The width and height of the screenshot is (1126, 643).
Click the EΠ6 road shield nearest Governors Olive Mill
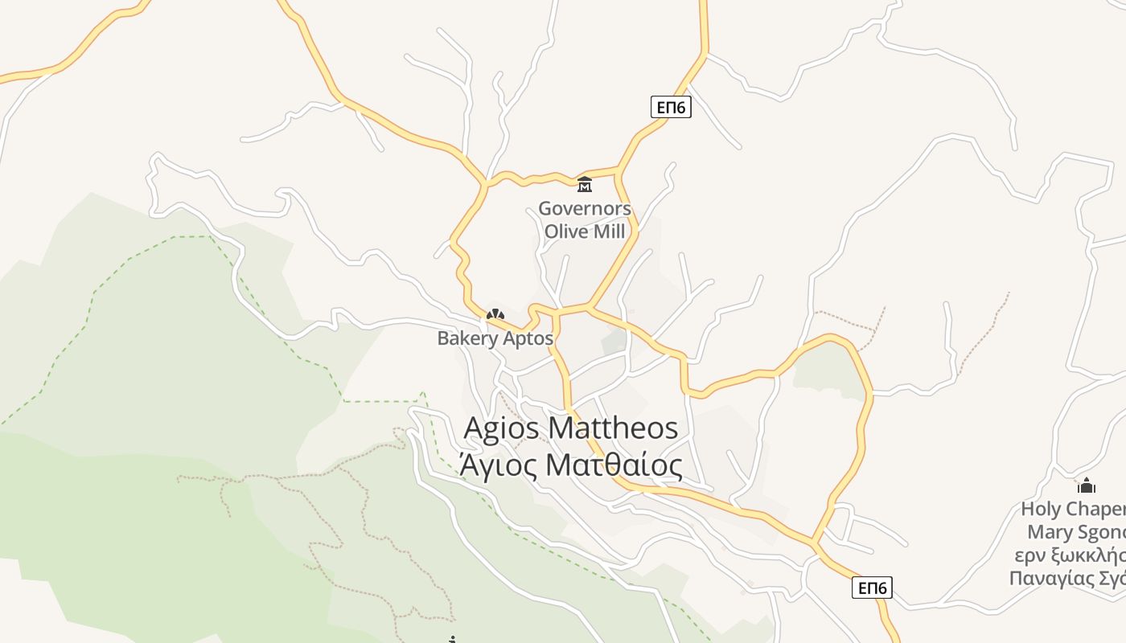coord(671,107)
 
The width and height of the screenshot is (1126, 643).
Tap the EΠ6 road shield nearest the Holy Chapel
coord(872,588)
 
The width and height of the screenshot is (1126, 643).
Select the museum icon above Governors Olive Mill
coord(585,185)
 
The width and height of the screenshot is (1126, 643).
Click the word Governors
coord(585,209)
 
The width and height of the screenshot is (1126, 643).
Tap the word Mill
coord(608,231)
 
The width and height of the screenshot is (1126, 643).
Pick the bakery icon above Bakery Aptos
coord(495,316)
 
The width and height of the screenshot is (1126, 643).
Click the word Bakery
coord(466,338)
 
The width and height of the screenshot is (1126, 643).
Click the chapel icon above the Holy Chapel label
coord(1087,485)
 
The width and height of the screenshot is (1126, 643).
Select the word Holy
coord(1041,509)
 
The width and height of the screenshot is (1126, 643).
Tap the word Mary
coord(1048,532)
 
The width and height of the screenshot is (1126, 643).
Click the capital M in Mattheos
coord(560,428)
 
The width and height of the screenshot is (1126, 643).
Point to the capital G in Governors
coord(545,209)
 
